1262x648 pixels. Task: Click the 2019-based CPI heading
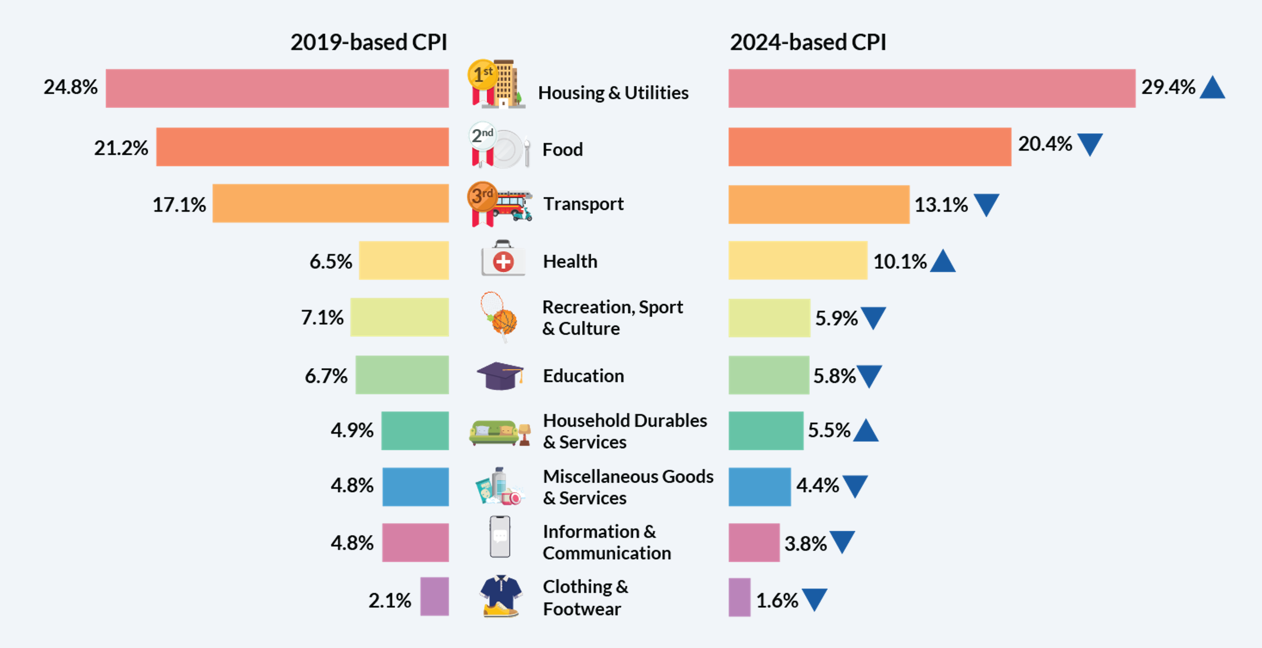(x=368, y=42)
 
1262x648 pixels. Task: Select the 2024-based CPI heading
(x=808, y=42)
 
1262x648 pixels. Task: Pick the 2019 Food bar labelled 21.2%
(x=302, y=147)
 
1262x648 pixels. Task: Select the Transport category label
(x=583, y=204)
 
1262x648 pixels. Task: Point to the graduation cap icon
(x=500, y=376)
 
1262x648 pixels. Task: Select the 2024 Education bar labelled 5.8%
(x=769, y=375)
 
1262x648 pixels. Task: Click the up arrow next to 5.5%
(x=866, y=431)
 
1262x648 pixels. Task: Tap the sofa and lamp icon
(x=500, y=431)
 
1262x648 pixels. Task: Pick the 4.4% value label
(x=817, y=485)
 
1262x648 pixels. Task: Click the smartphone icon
(x=500, y=537)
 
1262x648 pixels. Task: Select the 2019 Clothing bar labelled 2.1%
(x=434, y=596)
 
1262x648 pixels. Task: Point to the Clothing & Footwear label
(x=585, y=598)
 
